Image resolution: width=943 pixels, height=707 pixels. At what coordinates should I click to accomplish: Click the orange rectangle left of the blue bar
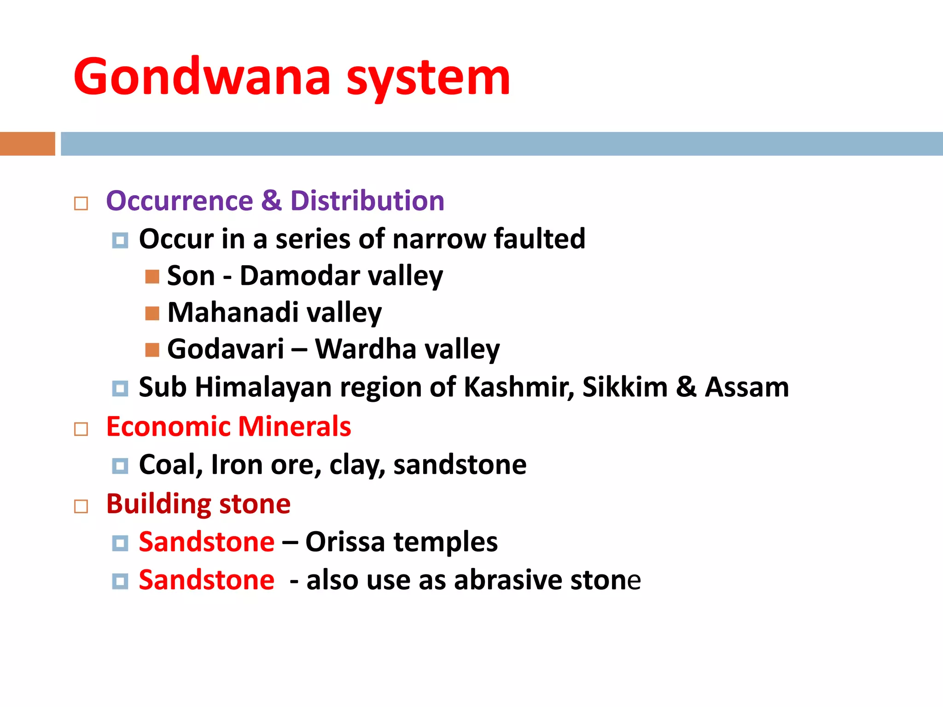point(27,144)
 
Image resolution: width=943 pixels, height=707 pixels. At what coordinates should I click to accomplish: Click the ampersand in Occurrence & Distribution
point(271,201)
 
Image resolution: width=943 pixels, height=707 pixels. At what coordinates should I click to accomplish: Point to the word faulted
point(539,239)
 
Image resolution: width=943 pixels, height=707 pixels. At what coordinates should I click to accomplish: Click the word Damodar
point(300,276)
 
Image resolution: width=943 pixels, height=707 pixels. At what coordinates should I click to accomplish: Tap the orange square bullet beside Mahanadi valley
point(152,313)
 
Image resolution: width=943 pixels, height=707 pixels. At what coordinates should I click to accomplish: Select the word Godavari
point(226,349)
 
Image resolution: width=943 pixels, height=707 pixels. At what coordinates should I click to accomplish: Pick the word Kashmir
point(518,387)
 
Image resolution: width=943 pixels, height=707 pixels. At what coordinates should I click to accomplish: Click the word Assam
point(747,387)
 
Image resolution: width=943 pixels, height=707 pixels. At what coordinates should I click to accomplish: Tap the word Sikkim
point(625,387)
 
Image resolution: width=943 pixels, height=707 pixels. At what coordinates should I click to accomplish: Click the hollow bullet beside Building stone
point(81,506)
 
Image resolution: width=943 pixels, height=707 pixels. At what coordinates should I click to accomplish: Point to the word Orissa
point(345,542)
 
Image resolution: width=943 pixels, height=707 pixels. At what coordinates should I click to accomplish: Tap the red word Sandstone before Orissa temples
point(207,542)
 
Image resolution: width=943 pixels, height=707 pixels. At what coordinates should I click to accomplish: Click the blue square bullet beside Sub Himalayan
point(120,388)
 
